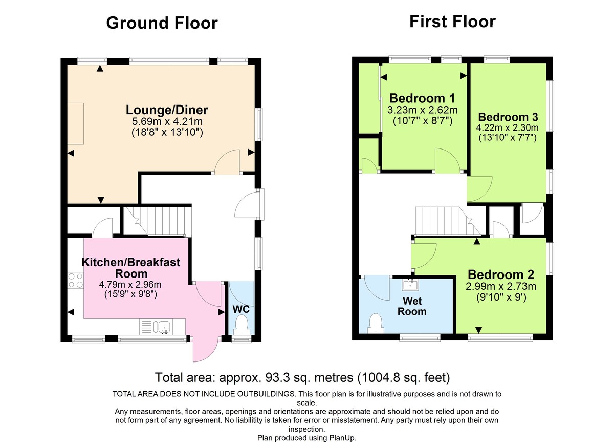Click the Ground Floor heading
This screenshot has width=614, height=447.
point(162,23)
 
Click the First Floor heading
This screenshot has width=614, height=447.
point(452,22)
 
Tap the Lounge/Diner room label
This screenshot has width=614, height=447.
point(167,110)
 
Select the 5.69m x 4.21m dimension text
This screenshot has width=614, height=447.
point(167,122)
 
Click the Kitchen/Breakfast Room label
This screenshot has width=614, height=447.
point(131,267)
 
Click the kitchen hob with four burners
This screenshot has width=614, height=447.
point(75,280)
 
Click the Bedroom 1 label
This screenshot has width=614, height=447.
point(422,98)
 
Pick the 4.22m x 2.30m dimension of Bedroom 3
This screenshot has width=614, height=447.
point(508,127)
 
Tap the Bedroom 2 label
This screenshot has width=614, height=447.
point(501,273)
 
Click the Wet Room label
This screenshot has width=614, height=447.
point(412,306)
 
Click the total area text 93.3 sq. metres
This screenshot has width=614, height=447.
point(302,378)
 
